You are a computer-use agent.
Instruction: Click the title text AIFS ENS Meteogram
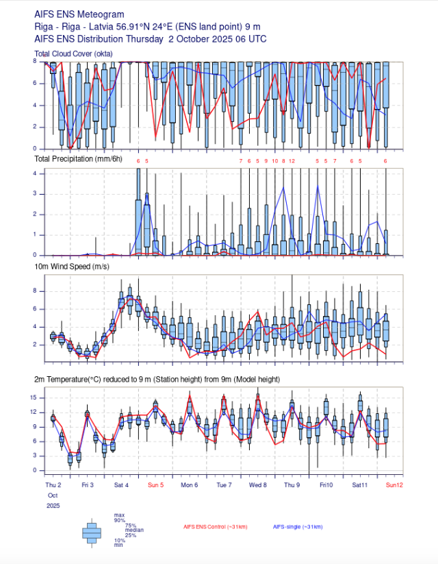[79, 14]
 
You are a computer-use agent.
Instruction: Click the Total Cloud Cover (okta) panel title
[73, 53]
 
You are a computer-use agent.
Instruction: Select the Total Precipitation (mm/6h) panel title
[78, 159]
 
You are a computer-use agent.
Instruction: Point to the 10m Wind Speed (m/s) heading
[71, 266]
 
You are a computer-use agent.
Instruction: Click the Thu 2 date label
[53, 485]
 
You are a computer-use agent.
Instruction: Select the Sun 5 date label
[156, 485]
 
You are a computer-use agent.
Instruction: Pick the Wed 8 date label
[258, 485]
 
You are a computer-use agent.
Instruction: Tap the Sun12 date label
[394, 485]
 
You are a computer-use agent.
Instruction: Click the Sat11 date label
[360, 485]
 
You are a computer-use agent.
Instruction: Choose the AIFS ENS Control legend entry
[215, 526]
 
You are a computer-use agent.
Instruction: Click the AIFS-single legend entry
[297, 526]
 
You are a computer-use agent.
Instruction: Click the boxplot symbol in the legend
[92, 532]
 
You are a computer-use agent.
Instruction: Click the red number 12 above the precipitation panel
[292, 160]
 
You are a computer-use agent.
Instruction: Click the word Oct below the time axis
[53, 495]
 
